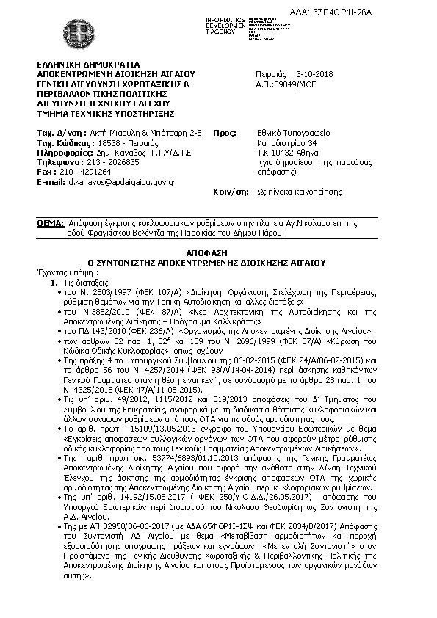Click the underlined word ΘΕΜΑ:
(x=50, y=220)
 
